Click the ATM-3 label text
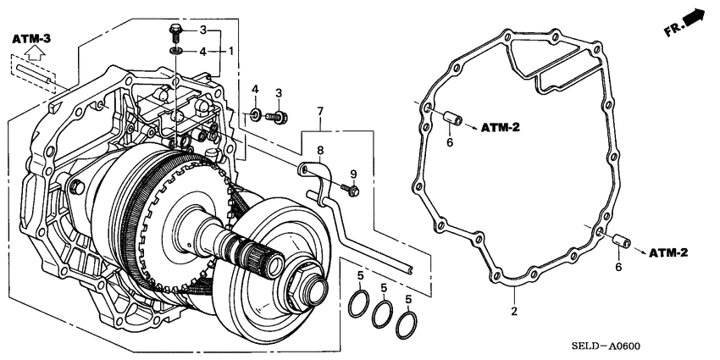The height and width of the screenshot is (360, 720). [31, 38]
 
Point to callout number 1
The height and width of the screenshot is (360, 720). [230, 52]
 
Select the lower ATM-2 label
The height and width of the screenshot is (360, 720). [668, 252]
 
